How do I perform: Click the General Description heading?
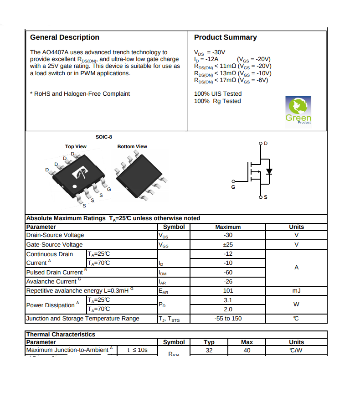pyautogui.click(x=64, y=37)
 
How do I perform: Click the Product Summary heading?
pyautogui.click(x=225, y=37)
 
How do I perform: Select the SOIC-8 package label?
pyautogui.click(x=103, y=137)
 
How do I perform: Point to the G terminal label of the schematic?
pyautogui.click(x=233, y=187)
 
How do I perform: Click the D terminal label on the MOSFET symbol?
pyautogui.click(x=266, y=144)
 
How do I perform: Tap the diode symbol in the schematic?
pyautogui.click(x=269, y=171)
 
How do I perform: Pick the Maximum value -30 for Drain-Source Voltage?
pyautogui.click(x=228, y=235)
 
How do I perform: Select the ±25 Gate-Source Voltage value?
pyautogui.click(x=228, y=245)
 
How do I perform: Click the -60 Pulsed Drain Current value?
pyautogui.click(x=228, y=272)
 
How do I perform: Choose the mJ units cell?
pyautogui.click(x=296, y=291)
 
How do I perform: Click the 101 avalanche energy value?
pyautogui.click(x=228, y=291)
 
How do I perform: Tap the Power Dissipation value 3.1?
pyautogui.click(x=228, y=300)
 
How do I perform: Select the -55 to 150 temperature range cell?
pyautogui.click(x=228, y=319)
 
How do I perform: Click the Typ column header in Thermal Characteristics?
pyautogui.click(x=209, y=342)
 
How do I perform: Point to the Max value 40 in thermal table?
pyautogui.click(x=247, y=350)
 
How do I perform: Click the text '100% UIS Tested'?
pyautogui.click(x=218, y=94)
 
